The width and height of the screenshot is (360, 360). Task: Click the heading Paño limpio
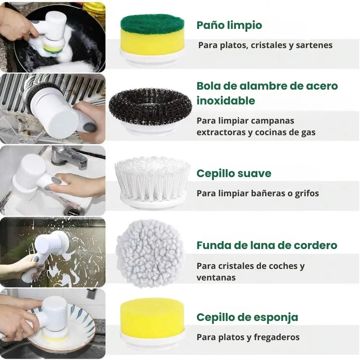tap(229, 25)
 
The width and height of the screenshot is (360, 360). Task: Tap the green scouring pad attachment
tap(152, 24)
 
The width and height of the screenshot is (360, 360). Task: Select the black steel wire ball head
tap(150, 107)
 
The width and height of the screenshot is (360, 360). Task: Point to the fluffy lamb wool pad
tap(150, 253)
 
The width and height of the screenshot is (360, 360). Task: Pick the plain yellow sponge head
tap(152, 318)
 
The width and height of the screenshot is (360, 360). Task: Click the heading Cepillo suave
tap(233, 173)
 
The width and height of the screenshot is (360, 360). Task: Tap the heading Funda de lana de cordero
tap(267, 245)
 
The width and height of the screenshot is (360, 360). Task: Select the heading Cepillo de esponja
tap(247, 317)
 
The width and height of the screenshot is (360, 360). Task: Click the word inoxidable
tap(226, 101)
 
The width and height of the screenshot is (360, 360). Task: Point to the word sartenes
tap(314, 46)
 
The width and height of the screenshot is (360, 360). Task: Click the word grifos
tap(307, 193)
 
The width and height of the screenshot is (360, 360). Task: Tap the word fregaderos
tap(277, 337)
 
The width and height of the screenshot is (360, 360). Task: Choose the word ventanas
tap(216, 278)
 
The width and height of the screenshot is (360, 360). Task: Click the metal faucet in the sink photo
tap(69, 155)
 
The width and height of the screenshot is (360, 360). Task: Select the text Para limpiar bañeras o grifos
tap(257, 193)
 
